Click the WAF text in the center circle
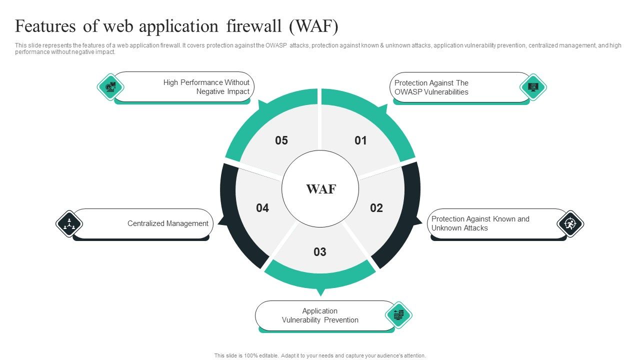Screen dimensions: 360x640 [x=320, y=189]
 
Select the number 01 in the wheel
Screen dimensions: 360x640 [x=360, y=141]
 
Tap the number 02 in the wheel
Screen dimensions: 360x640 [x=376, y=208]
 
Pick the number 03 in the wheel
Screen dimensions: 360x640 [x=320, y=252]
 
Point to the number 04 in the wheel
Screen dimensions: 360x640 [x=262, y=208]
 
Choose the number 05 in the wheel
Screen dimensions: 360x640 [x=281, y=141]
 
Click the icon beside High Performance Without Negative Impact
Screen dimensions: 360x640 [x=110, y=87]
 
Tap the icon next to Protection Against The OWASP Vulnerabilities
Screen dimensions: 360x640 [x=533, y=87]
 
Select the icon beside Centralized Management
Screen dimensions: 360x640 [x=69, y=223]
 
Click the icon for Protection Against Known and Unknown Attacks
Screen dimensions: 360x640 [x=570, y=224]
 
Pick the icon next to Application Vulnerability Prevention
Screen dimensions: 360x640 [x=398, y=315]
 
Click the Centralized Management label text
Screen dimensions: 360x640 [x=167, y=223]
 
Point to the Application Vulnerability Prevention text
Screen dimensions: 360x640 [x=320, y=315]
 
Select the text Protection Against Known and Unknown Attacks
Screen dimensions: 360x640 [x=480, y=223]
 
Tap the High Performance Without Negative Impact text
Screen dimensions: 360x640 [x=206, y=87]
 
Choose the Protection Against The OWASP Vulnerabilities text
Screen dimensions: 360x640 [x=431, y=87]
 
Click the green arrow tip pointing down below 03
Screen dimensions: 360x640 [x=320, y=292]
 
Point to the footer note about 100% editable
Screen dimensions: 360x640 [x=320, y=355]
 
